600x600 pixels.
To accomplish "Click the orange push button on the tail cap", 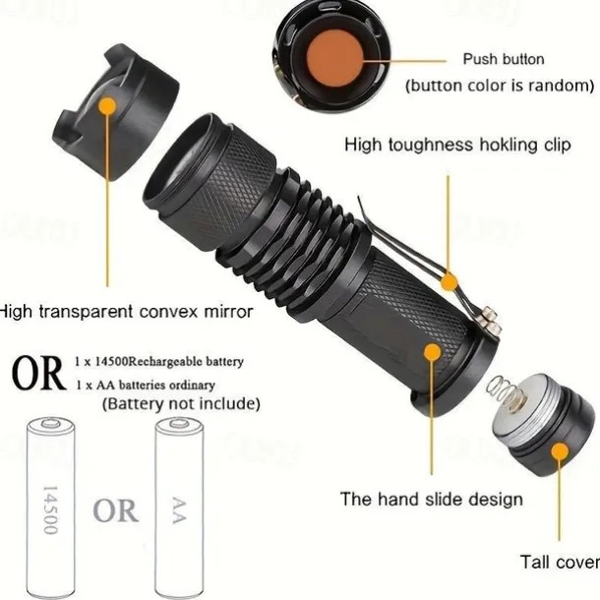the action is point(334,59).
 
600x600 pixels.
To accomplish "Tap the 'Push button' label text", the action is point(504,59).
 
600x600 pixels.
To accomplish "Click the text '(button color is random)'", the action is point(500,86).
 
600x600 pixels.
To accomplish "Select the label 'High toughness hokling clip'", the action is point(457,145).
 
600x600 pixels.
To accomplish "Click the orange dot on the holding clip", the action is point(449,282).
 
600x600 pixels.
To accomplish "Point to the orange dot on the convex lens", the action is point(107,106).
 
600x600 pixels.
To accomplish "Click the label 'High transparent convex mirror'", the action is point(126,312).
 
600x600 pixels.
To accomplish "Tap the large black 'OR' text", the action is point(38,373).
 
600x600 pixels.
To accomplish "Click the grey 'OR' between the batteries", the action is point(115,510).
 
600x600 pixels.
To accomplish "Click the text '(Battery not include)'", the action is point(181,403).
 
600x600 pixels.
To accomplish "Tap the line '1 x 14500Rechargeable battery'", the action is point(159,361).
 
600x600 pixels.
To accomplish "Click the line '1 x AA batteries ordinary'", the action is point(146,385).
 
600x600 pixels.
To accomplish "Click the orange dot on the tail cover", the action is point(561,452).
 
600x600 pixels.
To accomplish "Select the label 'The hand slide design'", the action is point(432,500).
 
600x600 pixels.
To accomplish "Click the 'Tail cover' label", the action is point(561,562).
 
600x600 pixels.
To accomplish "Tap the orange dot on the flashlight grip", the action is point(433,352).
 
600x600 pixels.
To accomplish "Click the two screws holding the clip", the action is point(490,320).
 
